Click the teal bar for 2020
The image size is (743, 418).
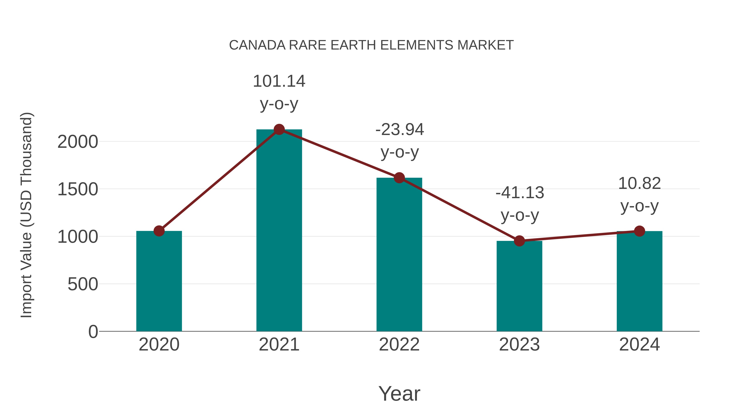[159, 281]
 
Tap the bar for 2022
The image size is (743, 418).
[399, 255]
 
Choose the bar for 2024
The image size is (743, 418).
[639, 281]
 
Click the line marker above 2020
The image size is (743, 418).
[159, 231]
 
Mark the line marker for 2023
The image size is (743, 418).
[519, 241]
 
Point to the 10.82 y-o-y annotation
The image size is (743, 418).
[639, 195]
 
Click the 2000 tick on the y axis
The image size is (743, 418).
[78, 142]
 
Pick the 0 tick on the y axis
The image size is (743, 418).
[93, 332]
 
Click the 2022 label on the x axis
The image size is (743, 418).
[399, 345]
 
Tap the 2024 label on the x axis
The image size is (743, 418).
[639, 345]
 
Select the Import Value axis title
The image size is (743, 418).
[27, 215]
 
